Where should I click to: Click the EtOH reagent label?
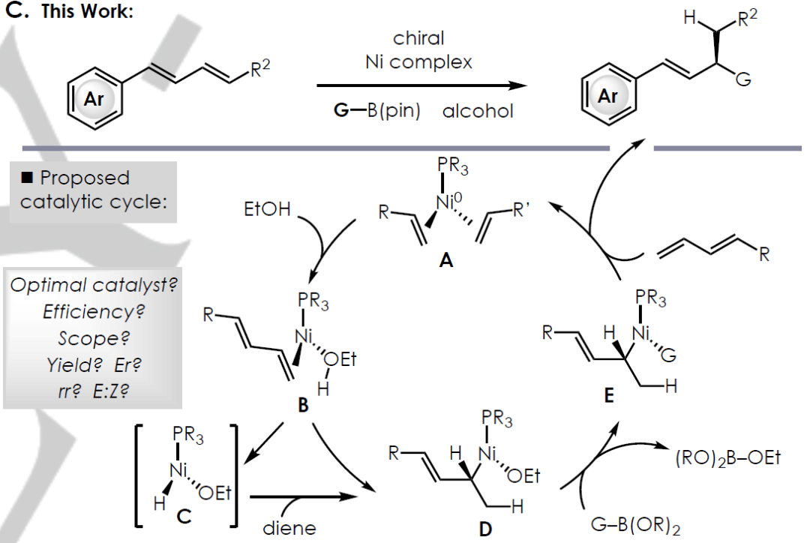point(267,209)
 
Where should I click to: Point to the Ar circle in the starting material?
point(93,100)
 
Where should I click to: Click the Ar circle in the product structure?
point(608,96)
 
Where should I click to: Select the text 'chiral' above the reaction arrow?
point(418,37)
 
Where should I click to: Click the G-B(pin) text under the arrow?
point(376,111)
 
